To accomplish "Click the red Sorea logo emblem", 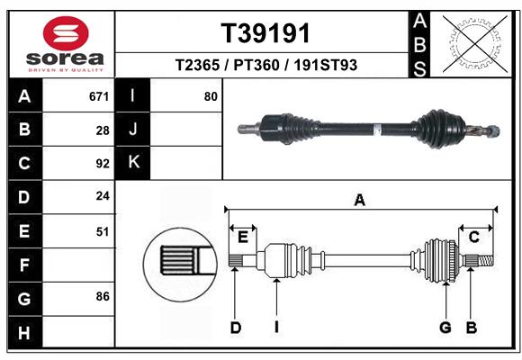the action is [66, 33].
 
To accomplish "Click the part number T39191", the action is [265, 33].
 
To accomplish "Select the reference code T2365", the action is [197, 65].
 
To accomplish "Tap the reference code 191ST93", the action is [325, 65].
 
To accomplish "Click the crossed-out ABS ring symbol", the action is [475, 43].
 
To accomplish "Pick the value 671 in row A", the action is [99, 96].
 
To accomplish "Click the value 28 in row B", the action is [103, 130].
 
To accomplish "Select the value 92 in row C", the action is [103, 164].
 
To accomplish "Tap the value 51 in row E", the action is [103, 231].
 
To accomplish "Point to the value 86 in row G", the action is [103, 296].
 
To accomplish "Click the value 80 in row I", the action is [211, 96].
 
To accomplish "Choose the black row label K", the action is [132, 163].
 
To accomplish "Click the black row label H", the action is [25, 332].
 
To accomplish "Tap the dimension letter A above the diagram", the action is [359, 201].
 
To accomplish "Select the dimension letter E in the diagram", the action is [243, 238].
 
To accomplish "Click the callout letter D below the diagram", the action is [236, 328].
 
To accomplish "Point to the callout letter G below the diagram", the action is [445, 328].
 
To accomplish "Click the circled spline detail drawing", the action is [180, 265].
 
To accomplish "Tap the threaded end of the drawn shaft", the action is [486, 260].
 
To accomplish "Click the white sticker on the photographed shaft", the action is [377, 130].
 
